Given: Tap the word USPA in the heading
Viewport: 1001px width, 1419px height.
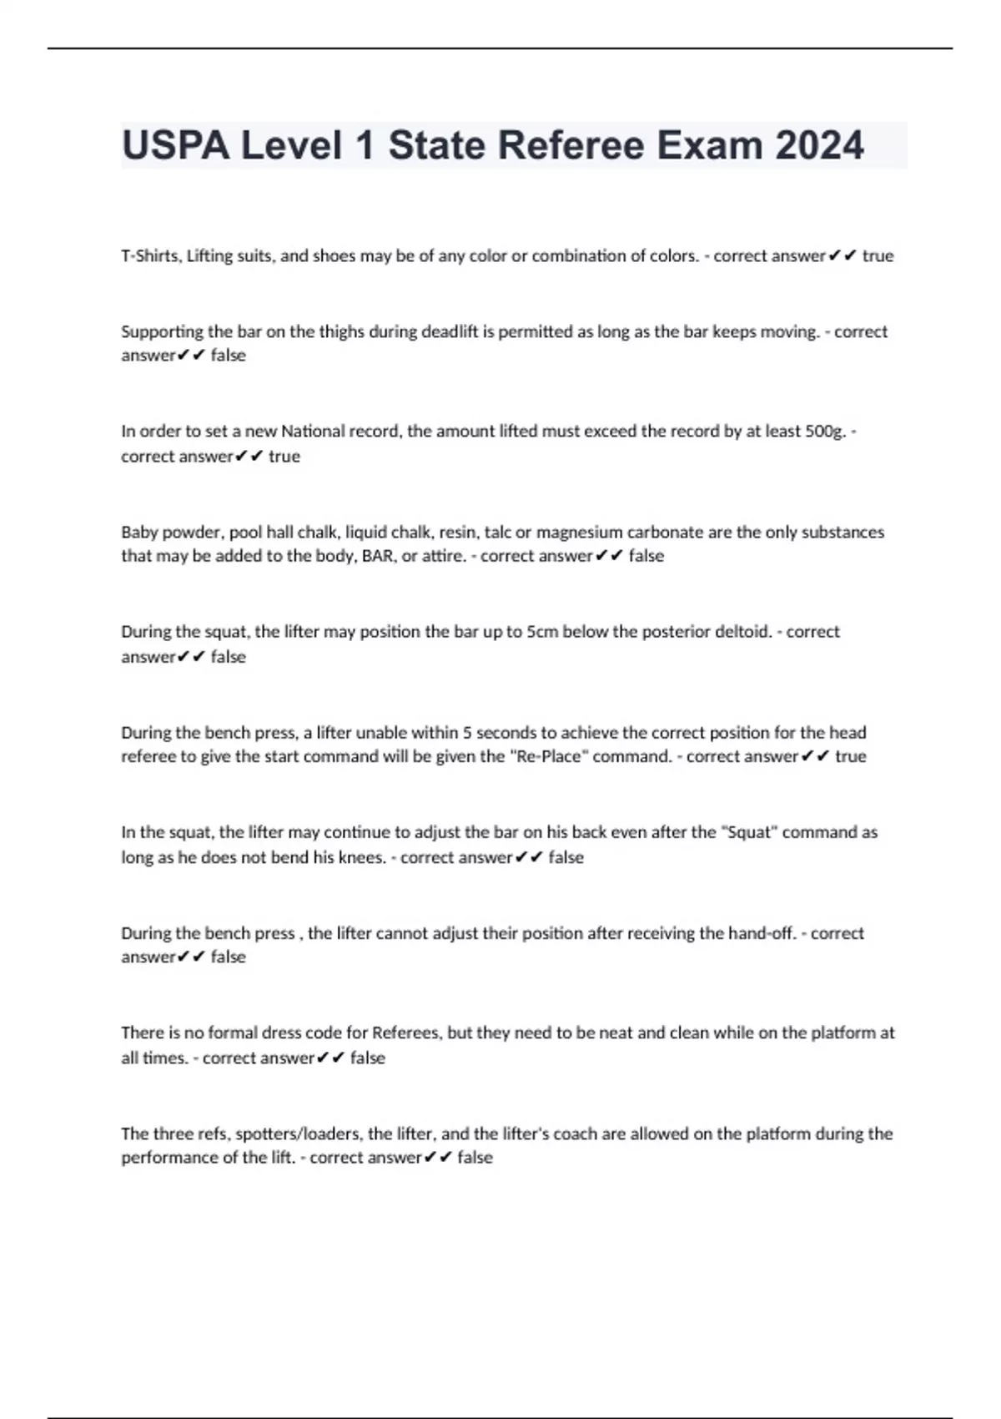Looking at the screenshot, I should (x=176, y=145).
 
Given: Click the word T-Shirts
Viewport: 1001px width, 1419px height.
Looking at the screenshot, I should (x=149, y=256).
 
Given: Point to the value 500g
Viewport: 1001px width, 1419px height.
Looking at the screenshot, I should (x=825, y=432).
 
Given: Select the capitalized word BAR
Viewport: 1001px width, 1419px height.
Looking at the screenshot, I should (x=379, y=556).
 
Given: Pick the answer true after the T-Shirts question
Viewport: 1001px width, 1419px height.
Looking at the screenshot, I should (x=878, y=256).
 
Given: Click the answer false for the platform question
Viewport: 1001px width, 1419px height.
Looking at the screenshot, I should (x=475, y=1158).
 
